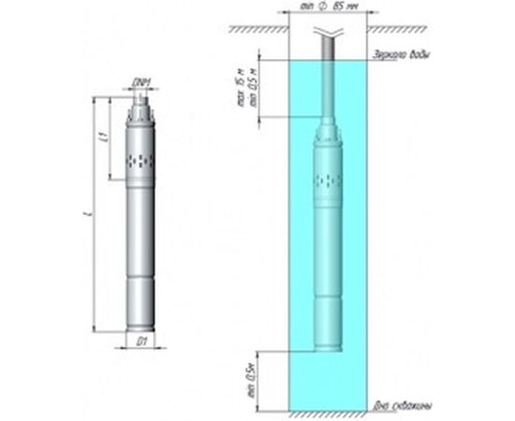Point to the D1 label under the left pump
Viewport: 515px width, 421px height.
pyautogui.click(x=140, y=342)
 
